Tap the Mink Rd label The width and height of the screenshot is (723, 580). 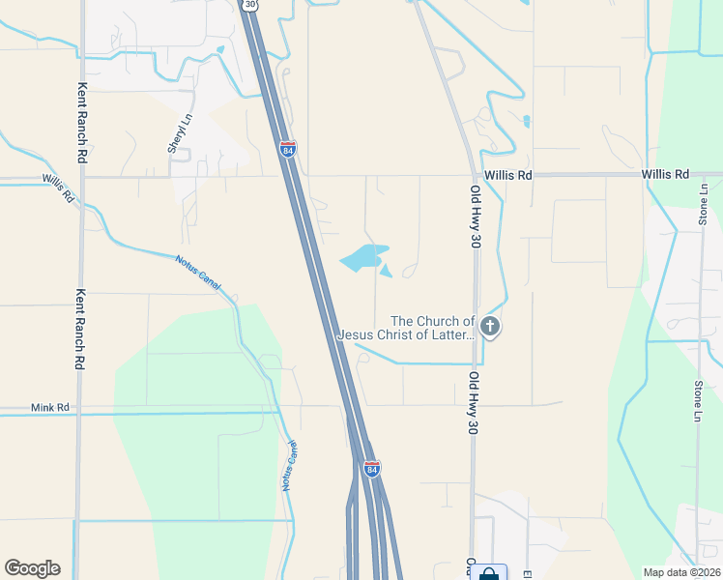coord(50,408)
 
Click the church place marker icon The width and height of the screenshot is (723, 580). coord(490,327)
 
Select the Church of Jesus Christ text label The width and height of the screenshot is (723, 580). coord(406,328)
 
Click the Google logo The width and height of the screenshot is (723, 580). coord(32,568)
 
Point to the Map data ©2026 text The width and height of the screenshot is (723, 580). coord(681,572)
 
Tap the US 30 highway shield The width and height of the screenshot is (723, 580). coord(251,5)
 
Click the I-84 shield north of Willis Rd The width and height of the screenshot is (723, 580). coord(288,150)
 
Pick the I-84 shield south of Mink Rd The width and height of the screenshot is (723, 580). coord(372,469)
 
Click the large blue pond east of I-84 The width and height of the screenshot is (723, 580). coord(362,258)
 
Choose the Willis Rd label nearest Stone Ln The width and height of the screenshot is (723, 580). coord(668,175)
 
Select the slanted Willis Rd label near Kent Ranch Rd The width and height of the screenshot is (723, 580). coord(58,186)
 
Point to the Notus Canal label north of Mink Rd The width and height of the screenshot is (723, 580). coord(198,273)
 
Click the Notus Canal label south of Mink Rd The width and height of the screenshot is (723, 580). coord(289,466)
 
